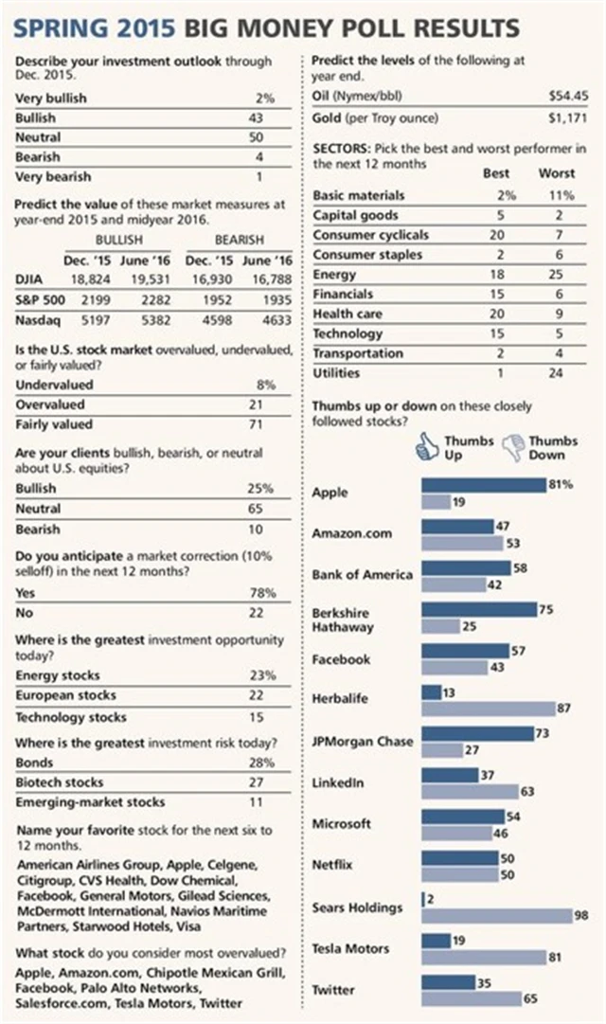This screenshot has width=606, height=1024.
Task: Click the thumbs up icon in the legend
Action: click(x=428, y=446)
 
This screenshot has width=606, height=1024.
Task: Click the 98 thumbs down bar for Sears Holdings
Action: click(x=497, y=915)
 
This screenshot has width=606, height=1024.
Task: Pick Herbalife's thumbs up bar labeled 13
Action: click(x=432, y=692)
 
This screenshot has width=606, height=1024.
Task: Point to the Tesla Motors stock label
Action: click(x=350, y=948)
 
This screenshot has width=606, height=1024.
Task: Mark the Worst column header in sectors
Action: click(x=556, y=174)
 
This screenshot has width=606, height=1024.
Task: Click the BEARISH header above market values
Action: click(x=240, y=241)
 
